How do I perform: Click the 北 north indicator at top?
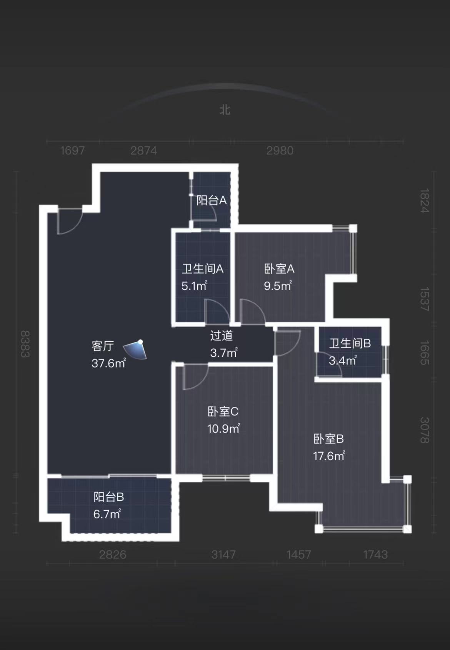(x=225, y=110)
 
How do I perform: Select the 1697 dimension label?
(x=72, y=150)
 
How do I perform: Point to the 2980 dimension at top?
(x=280, y=150)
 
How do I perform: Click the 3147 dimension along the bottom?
(x=223, y=555)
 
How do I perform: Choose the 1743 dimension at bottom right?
(x=375, y=555)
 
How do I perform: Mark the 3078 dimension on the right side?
(x=424, y=430)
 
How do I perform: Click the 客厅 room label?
(x=103, y=346)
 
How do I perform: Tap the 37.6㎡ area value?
(x=108, y=363)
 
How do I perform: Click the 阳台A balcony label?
(x=211, y=200)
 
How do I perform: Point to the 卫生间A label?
(x=202, y=269)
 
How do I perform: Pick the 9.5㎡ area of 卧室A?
(x=278, y=286)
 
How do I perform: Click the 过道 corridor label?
(x=222, y=336)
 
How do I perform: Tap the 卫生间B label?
(x=350, y=343)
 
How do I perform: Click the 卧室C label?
(x=223, y=411)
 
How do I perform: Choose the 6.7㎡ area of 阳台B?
(x=107, y=514)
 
